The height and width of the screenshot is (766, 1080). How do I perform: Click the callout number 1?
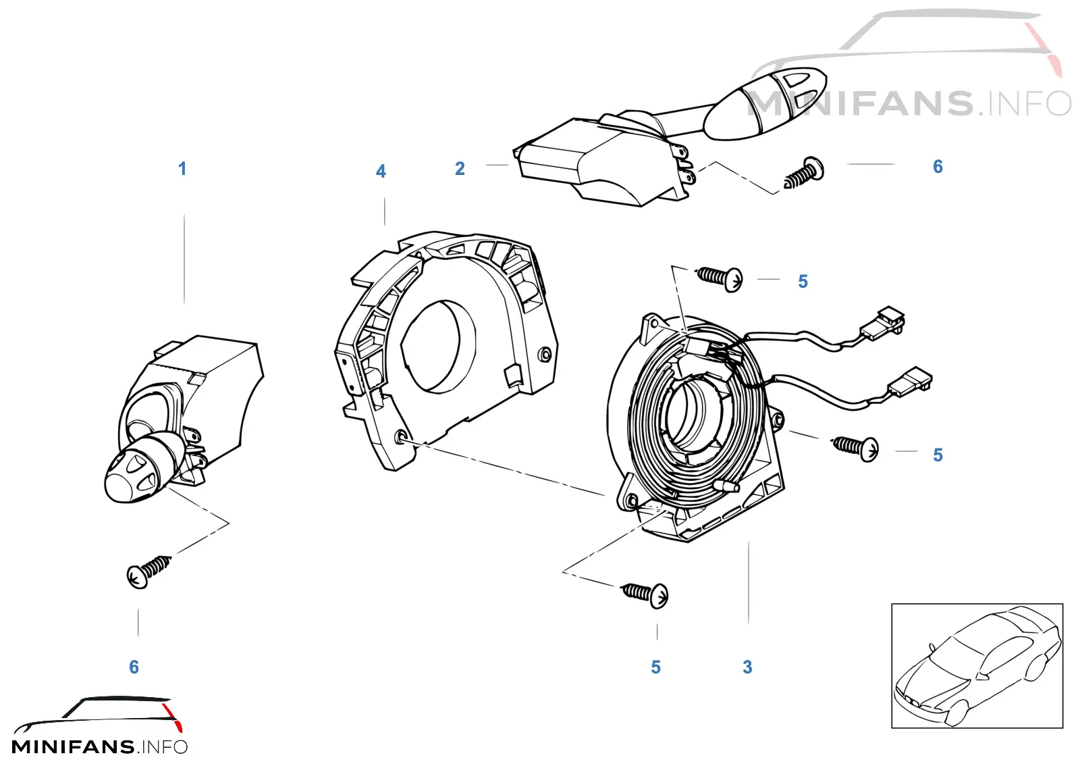pos(182,169)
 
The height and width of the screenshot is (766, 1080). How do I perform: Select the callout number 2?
pos(460,168)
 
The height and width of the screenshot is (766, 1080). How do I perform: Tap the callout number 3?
pos(747,667)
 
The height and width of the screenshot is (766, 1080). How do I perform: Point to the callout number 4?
pos(381,172)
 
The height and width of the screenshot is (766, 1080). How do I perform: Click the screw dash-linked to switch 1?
pos(148,573)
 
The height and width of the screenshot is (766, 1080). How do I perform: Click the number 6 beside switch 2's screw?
pos(938,166)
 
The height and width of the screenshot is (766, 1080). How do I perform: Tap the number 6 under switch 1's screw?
pos(134,667)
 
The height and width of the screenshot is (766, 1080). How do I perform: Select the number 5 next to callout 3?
pos(655,667)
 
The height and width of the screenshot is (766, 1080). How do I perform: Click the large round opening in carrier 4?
pos(438,347)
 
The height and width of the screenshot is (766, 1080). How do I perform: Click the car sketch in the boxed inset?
pos(977,665)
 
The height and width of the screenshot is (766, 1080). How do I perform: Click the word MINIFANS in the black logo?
pos(73,747)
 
